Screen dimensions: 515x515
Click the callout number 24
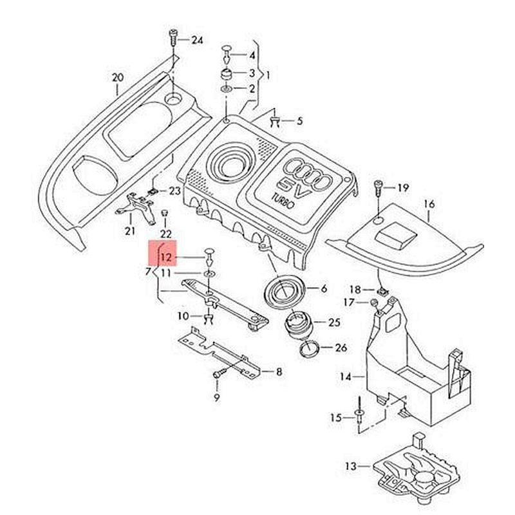pos(197,41)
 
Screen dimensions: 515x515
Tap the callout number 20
pos(117,78)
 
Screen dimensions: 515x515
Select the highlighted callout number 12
pos(166,257)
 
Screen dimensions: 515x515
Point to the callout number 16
pos(429,205)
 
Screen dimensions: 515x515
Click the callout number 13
pos(350,465)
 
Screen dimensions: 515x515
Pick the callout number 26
pos(341,348)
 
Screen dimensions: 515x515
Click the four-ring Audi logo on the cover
pos(308,169)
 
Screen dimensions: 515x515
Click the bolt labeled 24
pos(173,37)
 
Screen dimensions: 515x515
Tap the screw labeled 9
pos(219,373)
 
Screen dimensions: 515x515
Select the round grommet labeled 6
pos(282,292)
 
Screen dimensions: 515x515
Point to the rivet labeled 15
pos(358,415)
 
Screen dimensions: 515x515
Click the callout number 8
pos(279,371)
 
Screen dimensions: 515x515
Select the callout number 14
pos(346,377)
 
